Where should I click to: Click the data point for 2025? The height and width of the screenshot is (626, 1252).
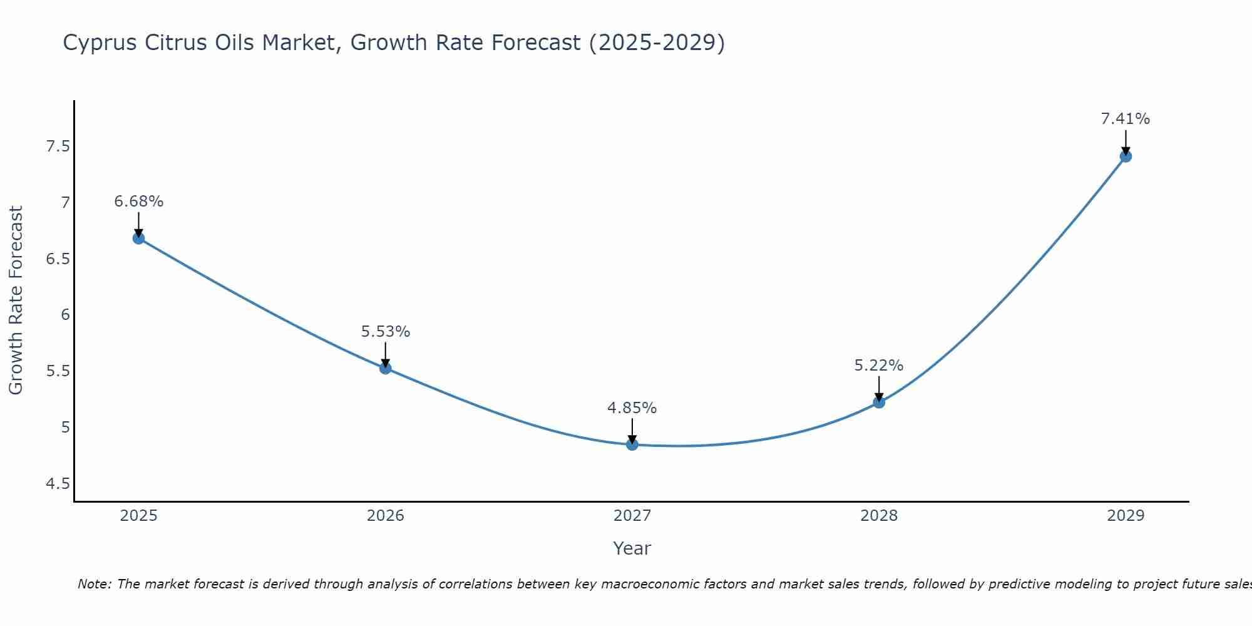point(139,238)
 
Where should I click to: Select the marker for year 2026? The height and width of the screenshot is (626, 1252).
point(386,368)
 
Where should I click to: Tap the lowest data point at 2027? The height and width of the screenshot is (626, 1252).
point(632,444)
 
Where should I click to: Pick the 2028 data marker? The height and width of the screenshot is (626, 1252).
point(879,402)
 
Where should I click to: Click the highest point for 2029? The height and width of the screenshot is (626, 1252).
point(1126,156)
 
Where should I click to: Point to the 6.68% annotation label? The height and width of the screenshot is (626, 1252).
point(139,202)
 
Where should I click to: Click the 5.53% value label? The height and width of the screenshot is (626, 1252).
point(386,332)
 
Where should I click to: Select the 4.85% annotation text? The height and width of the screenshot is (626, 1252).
point(632,408)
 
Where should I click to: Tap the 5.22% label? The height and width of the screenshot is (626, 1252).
point(879,366)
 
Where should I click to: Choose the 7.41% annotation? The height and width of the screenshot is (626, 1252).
point(1126,119)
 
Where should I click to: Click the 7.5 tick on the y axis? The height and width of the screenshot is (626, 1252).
point(58,146)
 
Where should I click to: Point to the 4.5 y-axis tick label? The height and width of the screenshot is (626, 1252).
point(58,483)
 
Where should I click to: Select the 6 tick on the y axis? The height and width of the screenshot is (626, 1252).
point(65,315)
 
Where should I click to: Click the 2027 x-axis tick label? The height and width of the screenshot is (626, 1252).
point(632,516)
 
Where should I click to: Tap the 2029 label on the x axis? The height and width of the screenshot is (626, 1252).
point(1126,516)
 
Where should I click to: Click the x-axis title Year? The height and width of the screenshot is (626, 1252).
point(632,548)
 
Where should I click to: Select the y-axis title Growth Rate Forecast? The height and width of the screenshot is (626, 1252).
point(16,300)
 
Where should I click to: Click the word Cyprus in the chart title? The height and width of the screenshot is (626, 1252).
point(101,43)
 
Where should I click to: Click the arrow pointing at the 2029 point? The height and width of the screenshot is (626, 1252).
point(1126,141)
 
